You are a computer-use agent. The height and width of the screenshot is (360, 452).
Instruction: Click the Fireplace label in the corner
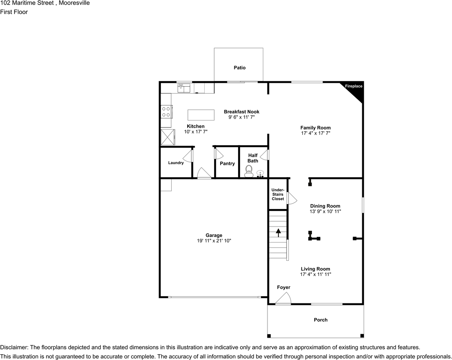point(353,86)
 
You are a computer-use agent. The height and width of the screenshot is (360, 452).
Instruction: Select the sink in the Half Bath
point(261,174)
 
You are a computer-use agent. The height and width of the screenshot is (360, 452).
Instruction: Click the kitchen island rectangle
point(201,114)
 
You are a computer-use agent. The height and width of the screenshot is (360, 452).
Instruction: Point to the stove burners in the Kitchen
point(166,111)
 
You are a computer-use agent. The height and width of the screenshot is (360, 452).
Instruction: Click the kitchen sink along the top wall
point(184,88)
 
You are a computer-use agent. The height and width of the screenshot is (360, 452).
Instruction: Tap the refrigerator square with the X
point(167,137)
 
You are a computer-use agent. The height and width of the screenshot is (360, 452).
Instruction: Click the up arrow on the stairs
point(278,232)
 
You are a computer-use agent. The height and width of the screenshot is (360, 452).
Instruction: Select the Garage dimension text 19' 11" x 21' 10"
point(214,241)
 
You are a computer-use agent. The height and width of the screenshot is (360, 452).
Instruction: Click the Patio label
point(239,68)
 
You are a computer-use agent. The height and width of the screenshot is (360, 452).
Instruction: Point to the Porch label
point(320,320)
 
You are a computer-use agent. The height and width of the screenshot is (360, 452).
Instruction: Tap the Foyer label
point(283,287)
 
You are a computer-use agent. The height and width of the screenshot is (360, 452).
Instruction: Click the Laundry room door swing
point(188,156)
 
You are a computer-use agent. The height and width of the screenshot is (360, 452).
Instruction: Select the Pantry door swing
point(219,154)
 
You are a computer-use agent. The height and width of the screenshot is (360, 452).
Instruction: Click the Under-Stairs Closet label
point(277,194)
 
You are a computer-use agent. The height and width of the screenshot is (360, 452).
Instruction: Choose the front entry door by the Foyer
point(283,300)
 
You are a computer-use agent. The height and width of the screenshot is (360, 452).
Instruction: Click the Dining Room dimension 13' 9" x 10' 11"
point(325,211)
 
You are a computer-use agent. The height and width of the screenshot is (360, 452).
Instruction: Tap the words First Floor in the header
point(14,12)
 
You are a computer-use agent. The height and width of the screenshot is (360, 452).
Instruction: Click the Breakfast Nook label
point(241,112)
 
